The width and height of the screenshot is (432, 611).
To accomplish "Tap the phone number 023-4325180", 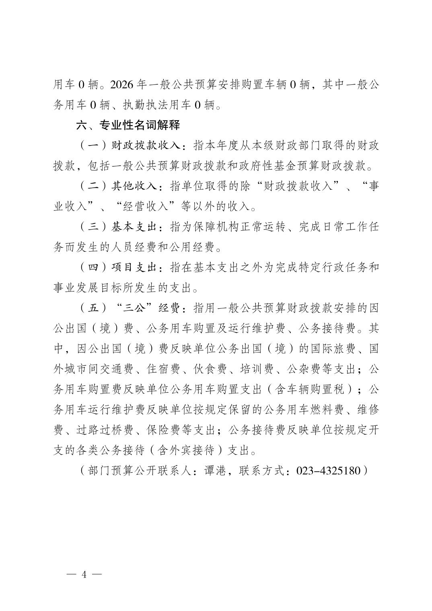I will (328, 471).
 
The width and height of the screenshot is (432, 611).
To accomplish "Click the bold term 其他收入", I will (134, 187).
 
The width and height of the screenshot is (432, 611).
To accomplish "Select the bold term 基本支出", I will (134, 227).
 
